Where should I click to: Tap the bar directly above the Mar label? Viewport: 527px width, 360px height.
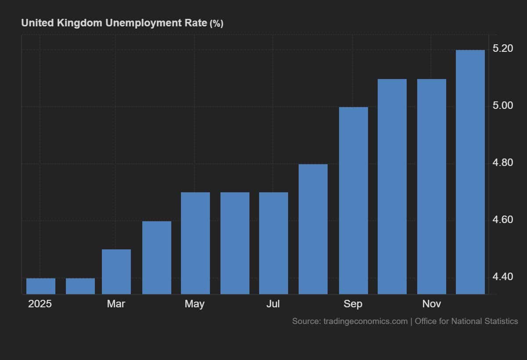click(x=116, y=272)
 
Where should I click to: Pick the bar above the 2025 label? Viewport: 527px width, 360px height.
click(x=41, y=286)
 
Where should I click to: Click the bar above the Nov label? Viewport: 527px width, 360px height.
click(x=432, y=187)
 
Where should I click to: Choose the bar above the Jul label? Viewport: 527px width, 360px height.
click(x=274, y=243)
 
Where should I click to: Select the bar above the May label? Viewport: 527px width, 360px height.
click(x=195, y=243)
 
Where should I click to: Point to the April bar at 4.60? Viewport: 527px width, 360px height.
click(x=157, y=258)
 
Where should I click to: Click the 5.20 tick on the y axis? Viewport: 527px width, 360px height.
click(x=503, y=49)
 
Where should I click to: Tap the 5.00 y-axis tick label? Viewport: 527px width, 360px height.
click(x=503, y=106)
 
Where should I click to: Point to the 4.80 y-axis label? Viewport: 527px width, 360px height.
click(x=503, y=163)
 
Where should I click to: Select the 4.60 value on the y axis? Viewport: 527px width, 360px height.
click(x=503, y=220)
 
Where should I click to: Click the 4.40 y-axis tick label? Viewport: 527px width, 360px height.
click(x=503, y=277)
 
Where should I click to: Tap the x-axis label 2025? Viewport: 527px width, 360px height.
click(x=40, y=304)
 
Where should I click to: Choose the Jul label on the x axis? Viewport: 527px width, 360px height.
click(x=273, y=304)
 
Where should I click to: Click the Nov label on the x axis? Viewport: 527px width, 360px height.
click(x=432, y=304)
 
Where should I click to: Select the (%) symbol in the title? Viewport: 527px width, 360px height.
click(x=216, y=24)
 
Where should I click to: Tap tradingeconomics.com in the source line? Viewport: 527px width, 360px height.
click(x=365, y=321)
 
